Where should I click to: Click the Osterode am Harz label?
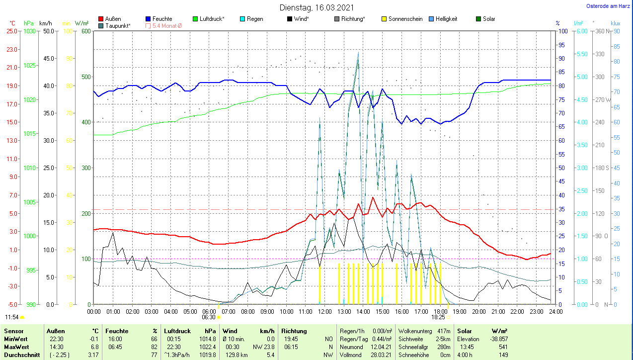(x=609, y=6)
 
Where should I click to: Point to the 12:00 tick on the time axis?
(x=324, y=311)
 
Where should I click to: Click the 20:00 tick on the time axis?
(x=478, y=311)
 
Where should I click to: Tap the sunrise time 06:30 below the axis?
(x=209, y=317)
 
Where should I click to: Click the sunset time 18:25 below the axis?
(x=438, y=317)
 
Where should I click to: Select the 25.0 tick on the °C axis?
(x=11, y=31)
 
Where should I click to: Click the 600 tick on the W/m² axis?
(x=85, y=31)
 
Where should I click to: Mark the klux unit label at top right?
(x=615, y=23)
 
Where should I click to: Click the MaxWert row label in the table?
(x=16, y=347)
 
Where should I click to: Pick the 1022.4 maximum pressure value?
(x=208, y=347)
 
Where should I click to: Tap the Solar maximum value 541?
(x=503, y=347)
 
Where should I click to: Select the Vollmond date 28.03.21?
(x=381, y=355)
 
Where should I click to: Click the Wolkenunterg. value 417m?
(x=444, y=331)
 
